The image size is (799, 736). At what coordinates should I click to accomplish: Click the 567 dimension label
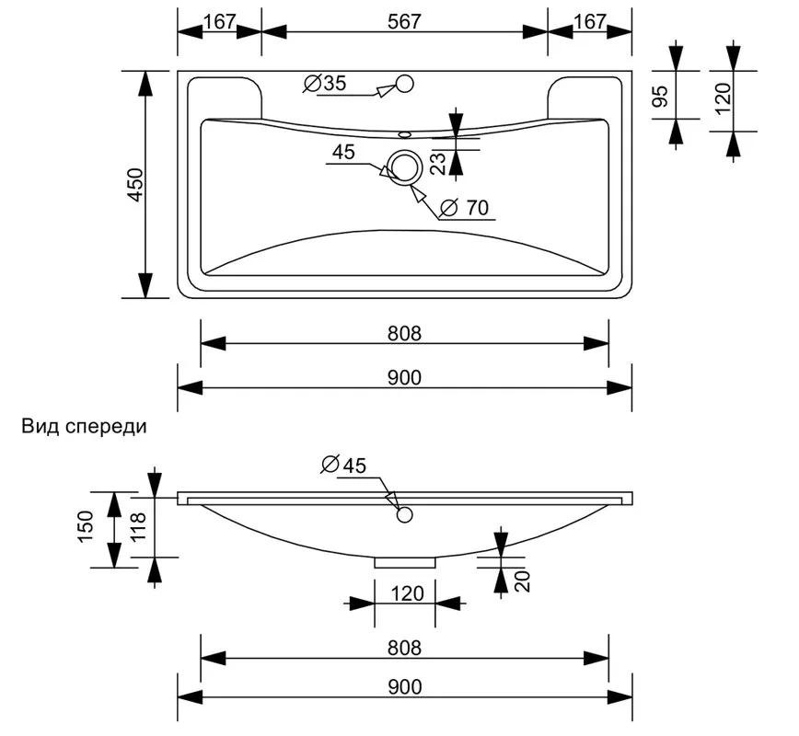coord(405,21)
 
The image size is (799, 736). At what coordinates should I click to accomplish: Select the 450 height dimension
coord(136,184)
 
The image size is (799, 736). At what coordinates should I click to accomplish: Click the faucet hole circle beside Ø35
coord(405,84)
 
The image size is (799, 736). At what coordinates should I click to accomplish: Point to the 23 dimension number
coord(438,164)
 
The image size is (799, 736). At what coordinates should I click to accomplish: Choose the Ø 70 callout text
coord(464,208)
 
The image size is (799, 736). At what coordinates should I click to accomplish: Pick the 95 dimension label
coord(660,97)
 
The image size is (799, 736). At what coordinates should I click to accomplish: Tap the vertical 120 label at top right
coord(724,98)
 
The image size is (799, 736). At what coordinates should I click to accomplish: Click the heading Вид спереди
coord(84,426)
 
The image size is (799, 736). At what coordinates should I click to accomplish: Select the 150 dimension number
coord(87,526)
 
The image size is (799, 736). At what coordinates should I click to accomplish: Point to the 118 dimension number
coord(138,526)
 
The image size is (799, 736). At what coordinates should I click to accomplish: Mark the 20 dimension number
coord(523,581)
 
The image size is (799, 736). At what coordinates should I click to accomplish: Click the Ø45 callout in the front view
coord(343,465)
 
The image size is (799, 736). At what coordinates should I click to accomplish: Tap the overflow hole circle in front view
coord(405,515)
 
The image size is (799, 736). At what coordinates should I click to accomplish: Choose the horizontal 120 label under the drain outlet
coord(407,593)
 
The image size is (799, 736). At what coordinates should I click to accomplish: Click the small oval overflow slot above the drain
coord(405,134)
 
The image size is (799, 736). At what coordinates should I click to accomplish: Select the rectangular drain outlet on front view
coord(405,562)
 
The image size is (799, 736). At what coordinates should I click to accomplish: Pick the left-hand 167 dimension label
coord(220,21)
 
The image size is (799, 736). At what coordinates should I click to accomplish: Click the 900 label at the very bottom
coord(405,687)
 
